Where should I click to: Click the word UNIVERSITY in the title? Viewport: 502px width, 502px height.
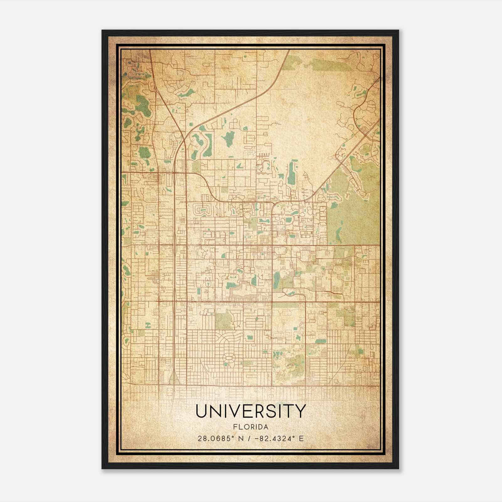coord(250,411)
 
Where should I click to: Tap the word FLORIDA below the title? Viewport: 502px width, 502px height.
coord(251,427)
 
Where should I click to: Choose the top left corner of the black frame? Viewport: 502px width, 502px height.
coord(103,31)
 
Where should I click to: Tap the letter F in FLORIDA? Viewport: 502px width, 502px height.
coord(235,427)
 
